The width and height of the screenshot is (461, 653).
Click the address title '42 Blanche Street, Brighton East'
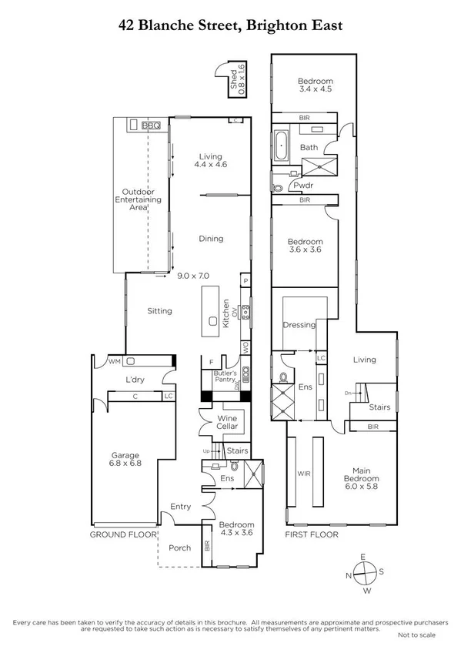[x=230, y=25]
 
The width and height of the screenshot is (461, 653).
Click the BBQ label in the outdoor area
[x=151, y=125]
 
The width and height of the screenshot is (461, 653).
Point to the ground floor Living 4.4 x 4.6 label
[x=210, y=159]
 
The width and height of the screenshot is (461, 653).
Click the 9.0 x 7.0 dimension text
[x=193, y=275]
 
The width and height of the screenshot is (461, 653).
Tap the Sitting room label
[x=159, y=311]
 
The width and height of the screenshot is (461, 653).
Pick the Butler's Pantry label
[x=225, y=377]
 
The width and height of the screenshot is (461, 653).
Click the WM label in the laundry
[x=114, y=360]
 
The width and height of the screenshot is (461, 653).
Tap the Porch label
[x=179, y=548]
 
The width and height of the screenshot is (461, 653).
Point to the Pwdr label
[x=312, y=186]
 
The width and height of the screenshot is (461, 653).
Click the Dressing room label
[x=299, y=325]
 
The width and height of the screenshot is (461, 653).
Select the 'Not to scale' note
[x=416, y=635]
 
